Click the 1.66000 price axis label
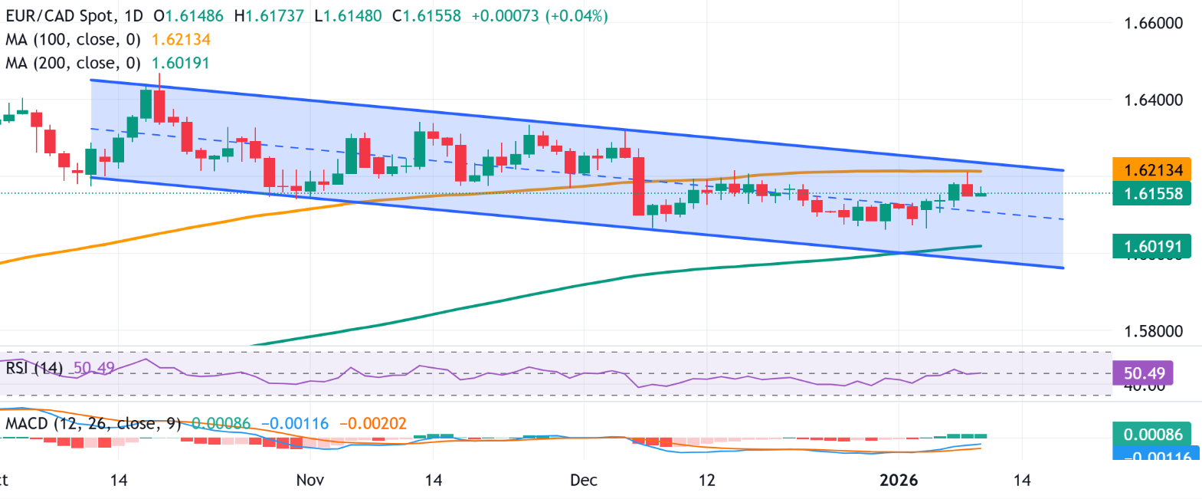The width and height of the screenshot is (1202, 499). point(1153,23)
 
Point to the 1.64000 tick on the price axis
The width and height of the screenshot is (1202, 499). point(1153,100)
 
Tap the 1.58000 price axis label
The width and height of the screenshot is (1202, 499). point(1153,331)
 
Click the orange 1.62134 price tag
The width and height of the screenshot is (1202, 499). point(1153,169)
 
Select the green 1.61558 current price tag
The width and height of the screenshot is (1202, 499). point(1153,194)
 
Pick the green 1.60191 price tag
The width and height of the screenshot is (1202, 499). point(1153,247)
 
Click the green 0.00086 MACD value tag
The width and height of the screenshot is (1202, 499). point(1153,435)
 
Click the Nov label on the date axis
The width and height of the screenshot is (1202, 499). point(310,481)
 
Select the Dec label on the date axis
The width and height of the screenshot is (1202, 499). point(583,481)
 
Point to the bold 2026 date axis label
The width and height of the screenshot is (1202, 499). point(899,481)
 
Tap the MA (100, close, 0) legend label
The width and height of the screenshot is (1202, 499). point(74,40)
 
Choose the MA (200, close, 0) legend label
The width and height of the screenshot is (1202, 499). point(74,64)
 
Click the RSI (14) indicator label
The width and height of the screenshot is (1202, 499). point(34,369)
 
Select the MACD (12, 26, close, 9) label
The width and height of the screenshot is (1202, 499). point(93,424)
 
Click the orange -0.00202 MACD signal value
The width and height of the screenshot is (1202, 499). point(372,424)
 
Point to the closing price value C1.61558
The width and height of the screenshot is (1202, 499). point(427,16)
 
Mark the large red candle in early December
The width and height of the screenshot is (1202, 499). point(638,186)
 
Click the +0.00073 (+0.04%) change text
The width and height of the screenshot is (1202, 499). point(539,16)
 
